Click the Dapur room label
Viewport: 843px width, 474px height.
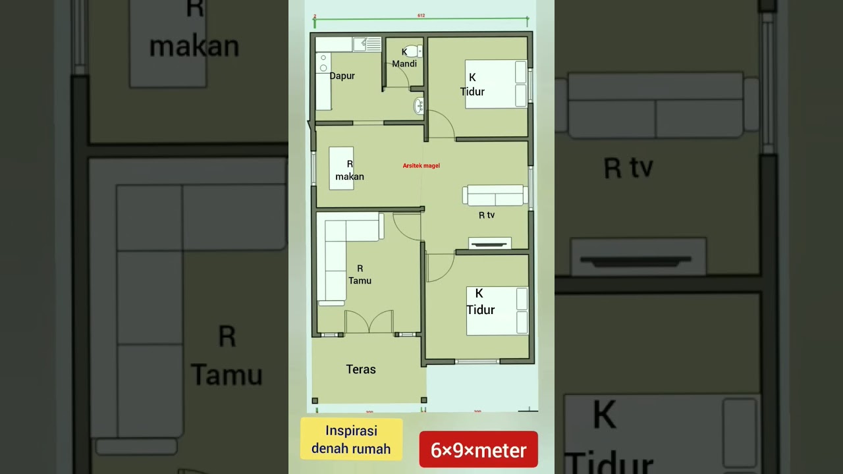(342, 76)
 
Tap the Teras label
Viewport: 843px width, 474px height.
(361, 369)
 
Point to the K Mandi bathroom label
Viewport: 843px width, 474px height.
(404, 59)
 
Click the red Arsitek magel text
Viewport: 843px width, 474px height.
(421, 166)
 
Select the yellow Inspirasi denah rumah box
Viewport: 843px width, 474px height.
(351, 440)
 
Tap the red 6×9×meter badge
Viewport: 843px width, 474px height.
(478, 450)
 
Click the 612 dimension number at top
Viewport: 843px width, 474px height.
(421, 14)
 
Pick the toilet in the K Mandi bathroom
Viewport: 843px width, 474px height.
(414, 51)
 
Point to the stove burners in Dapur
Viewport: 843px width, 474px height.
(323, 63)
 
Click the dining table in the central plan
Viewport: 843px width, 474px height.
(341, 169)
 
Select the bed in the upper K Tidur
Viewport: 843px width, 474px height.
(496, 84)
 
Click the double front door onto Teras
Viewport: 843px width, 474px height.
(369, 323)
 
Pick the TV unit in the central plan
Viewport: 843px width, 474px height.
(489, 243)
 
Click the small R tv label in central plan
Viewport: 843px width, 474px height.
(486, 215)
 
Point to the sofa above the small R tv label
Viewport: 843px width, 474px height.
(495, 195)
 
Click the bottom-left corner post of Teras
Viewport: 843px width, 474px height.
(315, 400)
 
